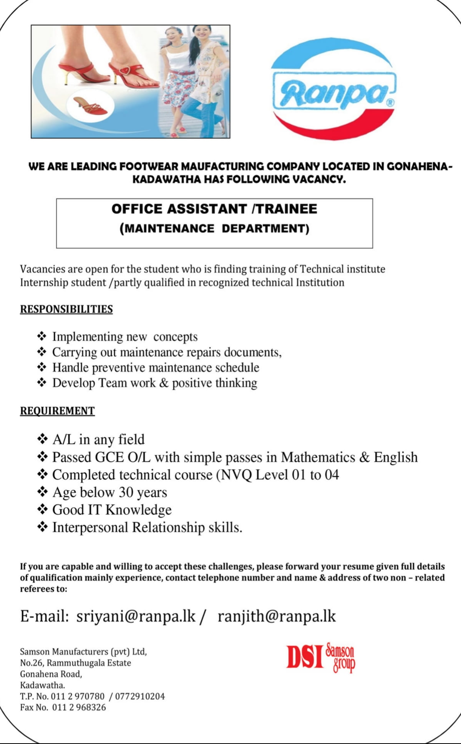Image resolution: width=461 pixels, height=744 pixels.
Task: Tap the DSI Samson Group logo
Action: [x=321, y=657]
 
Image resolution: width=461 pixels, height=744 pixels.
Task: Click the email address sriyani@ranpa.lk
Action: [x=136, y=616]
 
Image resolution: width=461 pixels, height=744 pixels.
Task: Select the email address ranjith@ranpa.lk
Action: [x=277, y=616]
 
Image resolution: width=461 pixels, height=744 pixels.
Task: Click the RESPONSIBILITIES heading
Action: [x=66, y=309]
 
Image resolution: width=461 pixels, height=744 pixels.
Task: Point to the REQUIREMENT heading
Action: [x=57, y=411]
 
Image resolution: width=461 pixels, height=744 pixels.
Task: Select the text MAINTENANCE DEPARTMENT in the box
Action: [x=214, y=229]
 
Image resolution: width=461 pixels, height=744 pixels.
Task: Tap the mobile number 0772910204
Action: [x=140, y=696]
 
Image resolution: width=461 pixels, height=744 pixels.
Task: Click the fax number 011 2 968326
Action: [x=79, y=707]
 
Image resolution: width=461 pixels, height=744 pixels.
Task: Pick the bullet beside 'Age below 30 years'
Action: [x=42, y=492]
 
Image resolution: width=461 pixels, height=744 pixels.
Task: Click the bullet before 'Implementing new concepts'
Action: [x=42, y=336]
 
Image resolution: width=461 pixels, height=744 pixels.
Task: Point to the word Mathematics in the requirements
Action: [x=318, y=457]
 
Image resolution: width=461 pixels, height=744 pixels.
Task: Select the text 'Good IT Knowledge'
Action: [x=112, y=510]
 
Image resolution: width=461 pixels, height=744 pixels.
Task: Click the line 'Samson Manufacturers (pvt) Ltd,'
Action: [x=83, y=652]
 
